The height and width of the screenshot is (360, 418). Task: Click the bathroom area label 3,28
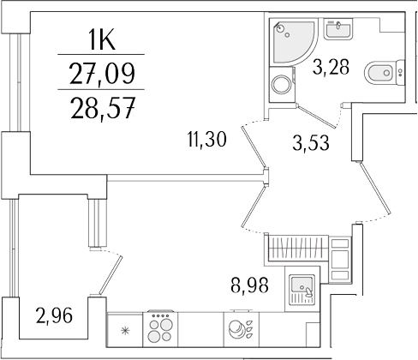pyautogui.click(x=331, y=67)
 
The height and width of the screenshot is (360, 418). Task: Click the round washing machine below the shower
pyautogui.click(x=280, y=85)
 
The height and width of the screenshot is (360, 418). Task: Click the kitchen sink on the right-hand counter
pyautogui.click(x=302, y=286)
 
